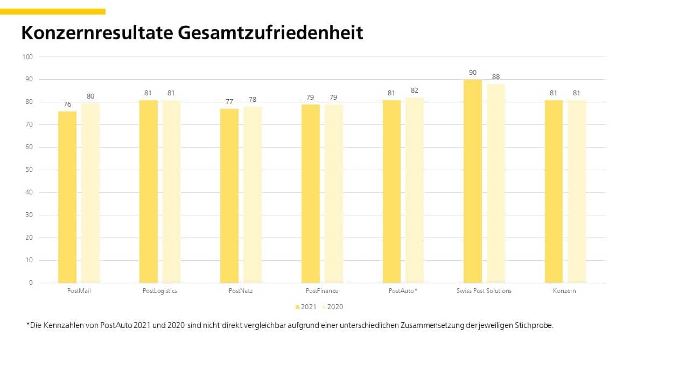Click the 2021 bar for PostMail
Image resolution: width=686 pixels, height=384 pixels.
67,197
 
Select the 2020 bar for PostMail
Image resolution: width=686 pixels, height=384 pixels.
90,192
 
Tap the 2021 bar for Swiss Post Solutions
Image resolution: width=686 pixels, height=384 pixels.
473,181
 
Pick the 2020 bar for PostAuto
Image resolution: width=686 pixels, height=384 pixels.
415,190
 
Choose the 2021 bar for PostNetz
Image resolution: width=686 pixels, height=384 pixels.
229,196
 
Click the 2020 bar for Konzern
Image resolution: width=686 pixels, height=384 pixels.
577,191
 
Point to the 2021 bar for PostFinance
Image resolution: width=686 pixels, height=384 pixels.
311,193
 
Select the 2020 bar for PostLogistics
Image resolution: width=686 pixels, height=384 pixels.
171,191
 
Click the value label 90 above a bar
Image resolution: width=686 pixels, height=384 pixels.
473,73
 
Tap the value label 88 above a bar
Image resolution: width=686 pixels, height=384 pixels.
496,77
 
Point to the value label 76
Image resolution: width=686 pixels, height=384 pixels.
67,104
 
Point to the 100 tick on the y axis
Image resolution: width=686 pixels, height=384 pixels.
27,57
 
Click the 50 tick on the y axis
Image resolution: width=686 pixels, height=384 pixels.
29,170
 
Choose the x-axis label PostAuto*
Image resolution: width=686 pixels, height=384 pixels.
403,291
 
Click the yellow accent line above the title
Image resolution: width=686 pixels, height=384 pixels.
53,11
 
